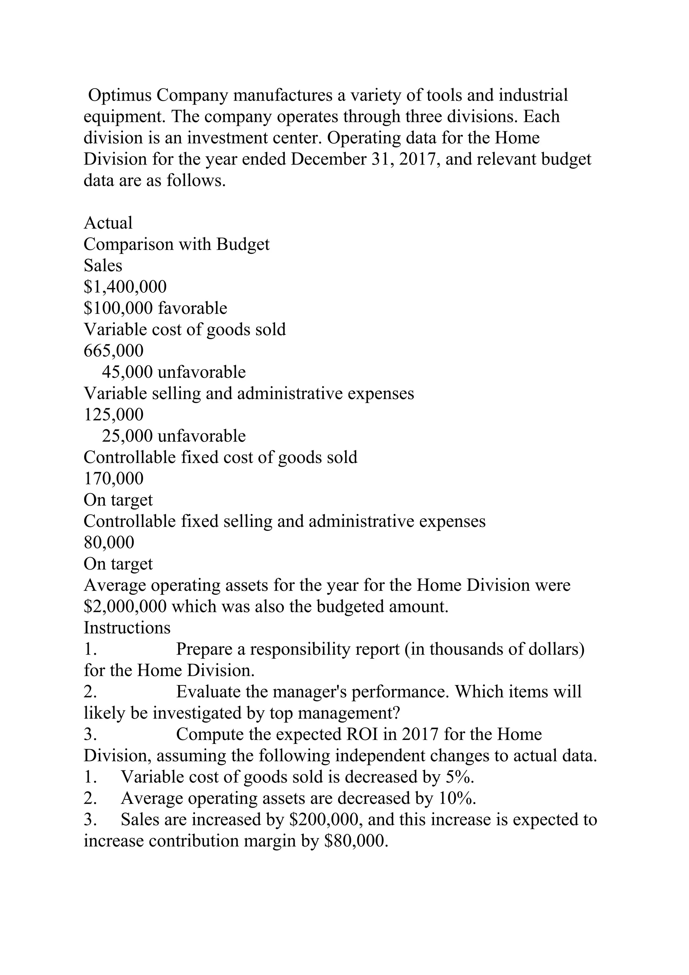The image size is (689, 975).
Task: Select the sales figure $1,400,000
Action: point(125,287)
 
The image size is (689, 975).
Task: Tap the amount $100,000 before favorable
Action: point(118,308)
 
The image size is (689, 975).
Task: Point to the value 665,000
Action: point(114,351)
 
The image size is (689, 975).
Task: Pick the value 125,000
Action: point(114,415)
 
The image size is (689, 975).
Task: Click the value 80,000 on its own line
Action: point(109,543)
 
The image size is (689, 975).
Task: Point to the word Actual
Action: point(108,223)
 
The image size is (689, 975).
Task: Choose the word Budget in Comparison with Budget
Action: point(243,245)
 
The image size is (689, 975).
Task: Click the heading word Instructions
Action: point(127,628)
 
